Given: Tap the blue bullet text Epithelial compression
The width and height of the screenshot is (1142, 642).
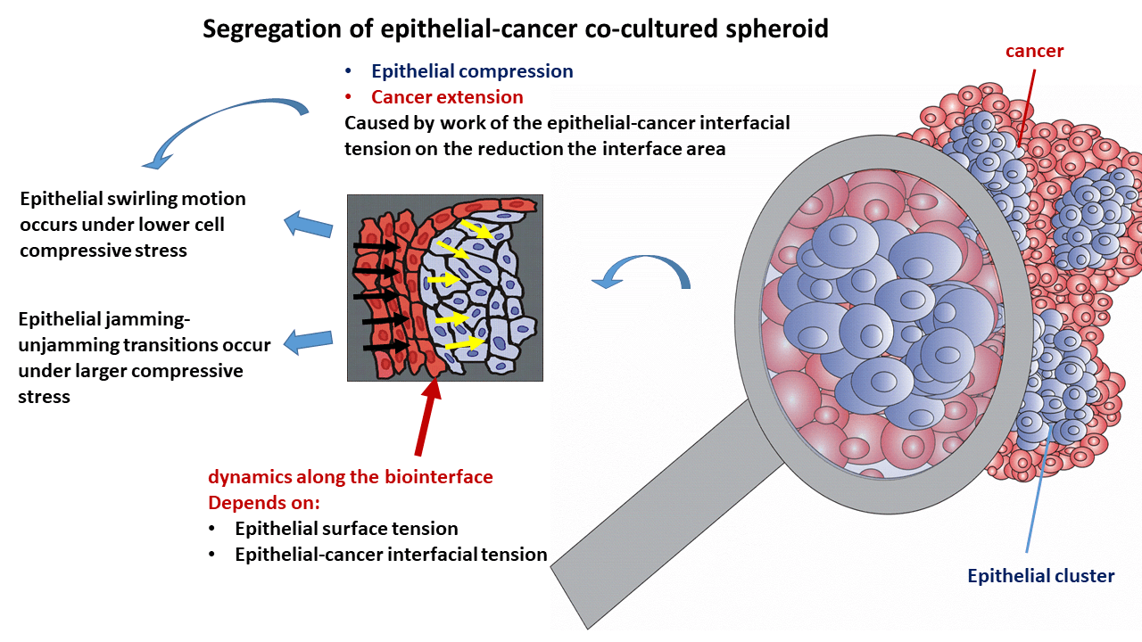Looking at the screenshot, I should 472,71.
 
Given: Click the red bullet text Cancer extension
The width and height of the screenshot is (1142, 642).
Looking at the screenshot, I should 447,96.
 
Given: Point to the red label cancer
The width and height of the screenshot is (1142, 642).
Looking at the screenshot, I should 1034,51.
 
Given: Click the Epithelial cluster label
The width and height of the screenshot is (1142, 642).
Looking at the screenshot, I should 1040,576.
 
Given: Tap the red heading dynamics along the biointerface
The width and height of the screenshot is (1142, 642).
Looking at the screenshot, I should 350,477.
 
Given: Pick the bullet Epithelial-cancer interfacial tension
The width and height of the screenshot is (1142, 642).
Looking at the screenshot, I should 391,555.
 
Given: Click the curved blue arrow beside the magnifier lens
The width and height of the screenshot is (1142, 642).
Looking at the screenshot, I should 641,271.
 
